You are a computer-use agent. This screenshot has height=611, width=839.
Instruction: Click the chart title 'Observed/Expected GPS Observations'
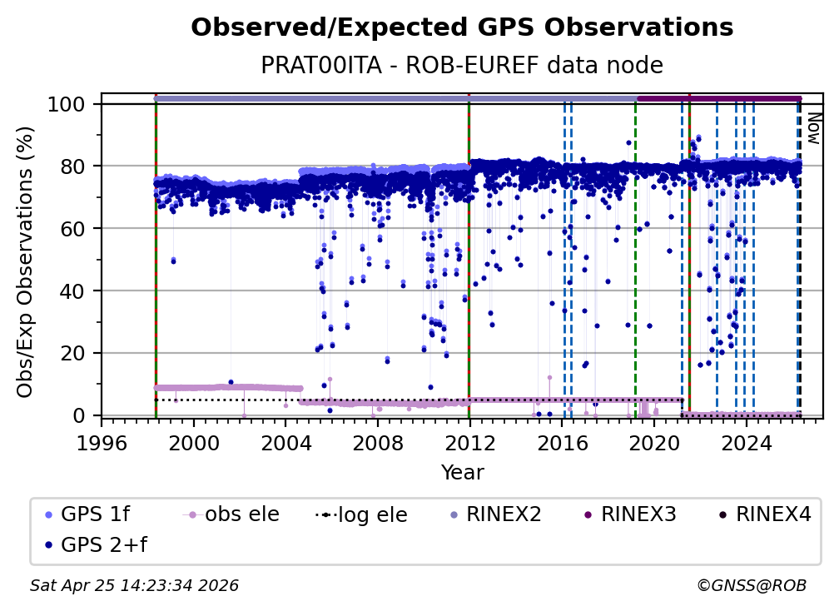462,28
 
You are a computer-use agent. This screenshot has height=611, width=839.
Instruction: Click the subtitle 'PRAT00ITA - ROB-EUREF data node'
462,66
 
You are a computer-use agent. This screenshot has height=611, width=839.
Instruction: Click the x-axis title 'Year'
462,473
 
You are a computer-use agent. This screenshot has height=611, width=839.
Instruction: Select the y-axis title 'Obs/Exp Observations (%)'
26,261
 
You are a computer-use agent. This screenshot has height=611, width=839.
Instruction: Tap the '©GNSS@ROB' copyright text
751,586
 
